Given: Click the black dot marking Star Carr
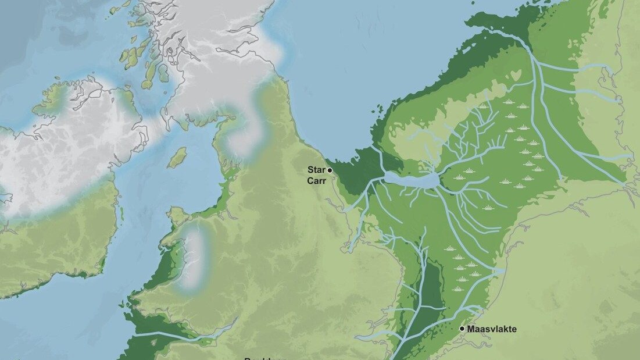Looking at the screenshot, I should click(330, 170).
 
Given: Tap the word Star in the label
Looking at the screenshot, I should click(317, 170).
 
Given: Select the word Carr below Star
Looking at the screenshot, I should click(316, 180).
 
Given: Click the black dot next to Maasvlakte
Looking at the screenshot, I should click(462, 329).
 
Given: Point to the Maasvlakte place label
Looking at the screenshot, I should click(492, 329).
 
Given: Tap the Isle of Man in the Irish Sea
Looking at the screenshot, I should click(177, 157).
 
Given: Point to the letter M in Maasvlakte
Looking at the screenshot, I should click(471, 329).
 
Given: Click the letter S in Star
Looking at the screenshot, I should click(311, 170).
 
